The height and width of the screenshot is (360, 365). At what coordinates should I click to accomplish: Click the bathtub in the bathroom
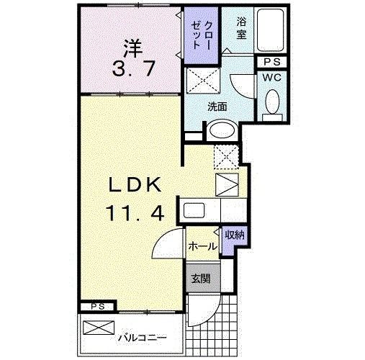(x=272, y=30)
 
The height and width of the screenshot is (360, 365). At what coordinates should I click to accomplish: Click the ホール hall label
(x=202, y=246)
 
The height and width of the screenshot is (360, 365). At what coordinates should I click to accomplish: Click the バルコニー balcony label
(x=141, y=336)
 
